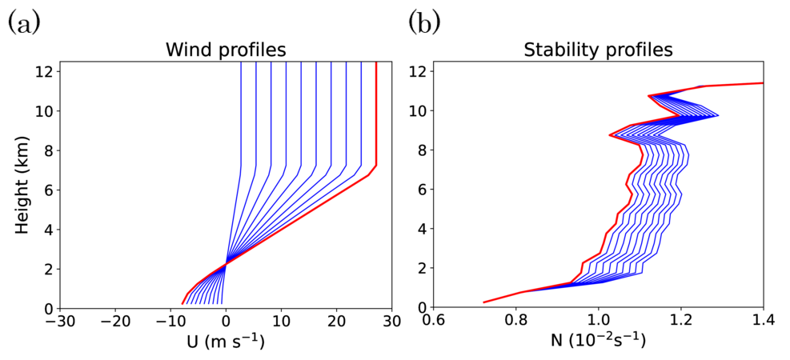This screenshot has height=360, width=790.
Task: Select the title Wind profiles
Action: [225, 50]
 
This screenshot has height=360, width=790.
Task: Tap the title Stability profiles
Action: [598, 50]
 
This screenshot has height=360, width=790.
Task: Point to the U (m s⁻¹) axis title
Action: [225, 343]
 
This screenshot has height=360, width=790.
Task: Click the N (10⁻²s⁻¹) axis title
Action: [598, 343]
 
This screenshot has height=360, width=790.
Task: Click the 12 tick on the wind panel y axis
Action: [45, 71]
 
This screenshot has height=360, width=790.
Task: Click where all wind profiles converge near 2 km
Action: [227, 262]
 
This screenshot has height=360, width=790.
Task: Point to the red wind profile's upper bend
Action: [375, 166]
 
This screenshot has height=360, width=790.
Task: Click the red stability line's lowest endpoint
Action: [483, 302]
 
